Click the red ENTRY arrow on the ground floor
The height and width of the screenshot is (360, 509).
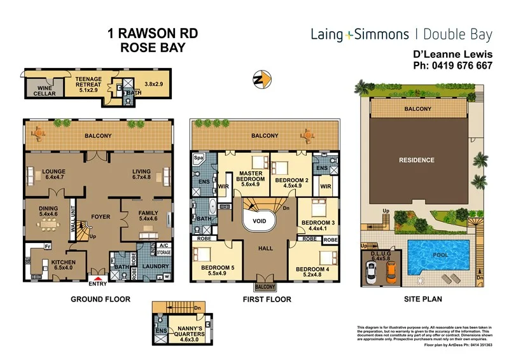[x=99, y=277]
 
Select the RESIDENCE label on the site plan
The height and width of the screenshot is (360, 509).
[x=417, y=160]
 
